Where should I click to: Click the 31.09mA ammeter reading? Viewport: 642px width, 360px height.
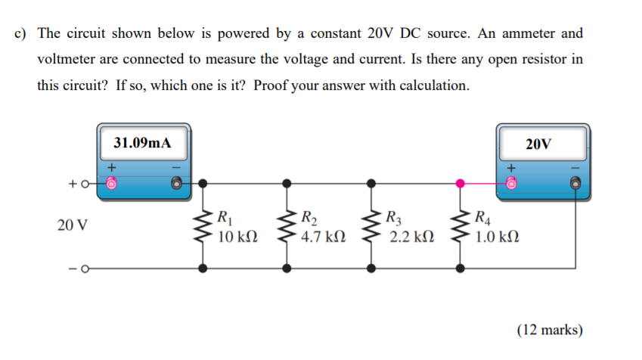[142, 142]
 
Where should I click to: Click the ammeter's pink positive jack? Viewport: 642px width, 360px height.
[112, 183]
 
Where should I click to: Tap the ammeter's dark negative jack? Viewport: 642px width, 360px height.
[177, 183]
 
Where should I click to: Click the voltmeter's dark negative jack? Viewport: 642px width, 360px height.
[575, 183]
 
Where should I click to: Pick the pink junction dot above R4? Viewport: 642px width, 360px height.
[461, 182]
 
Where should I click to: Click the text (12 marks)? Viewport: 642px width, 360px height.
[549, 330]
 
